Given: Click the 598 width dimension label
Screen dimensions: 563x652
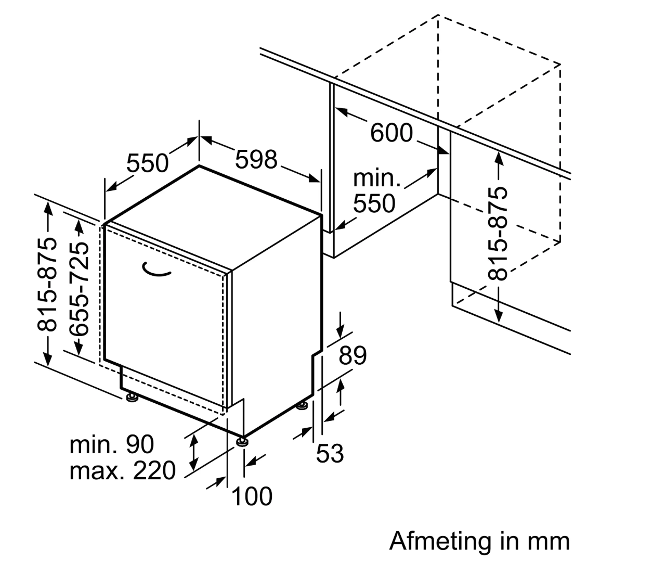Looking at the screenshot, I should pos(256,159).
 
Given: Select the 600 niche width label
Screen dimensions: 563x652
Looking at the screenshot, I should pos(392,133).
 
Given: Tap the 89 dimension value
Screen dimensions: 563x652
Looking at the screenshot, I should pos(353,356).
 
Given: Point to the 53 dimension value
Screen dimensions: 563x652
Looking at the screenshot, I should pos(330,453).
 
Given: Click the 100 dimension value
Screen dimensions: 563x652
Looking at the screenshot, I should pos(252,496).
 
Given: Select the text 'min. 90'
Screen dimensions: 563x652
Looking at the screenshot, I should pos(112,444).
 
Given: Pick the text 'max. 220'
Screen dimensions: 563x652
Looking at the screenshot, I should pos(123,471).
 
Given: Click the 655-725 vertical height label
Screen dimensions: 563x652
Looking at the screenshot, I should pos(79,289).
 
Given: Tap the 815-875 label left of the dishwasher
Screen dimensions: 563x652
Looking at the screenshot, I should pos(48,284).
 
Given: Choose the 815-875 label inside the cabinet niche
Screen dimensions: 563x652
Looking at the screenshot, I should pos(498,234).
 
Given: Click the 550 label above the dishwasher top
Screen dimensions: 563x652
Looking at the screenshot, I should pos(148,163).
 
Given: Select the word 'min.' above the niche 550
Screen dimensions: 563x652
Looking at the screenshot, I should pos(377,178).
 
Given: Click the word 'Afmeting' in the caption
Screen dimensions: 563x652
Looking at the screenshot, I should pos(441,541).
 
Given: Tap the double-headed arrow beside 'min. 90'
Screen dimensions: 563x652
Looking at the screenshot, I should pos(194,452).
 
